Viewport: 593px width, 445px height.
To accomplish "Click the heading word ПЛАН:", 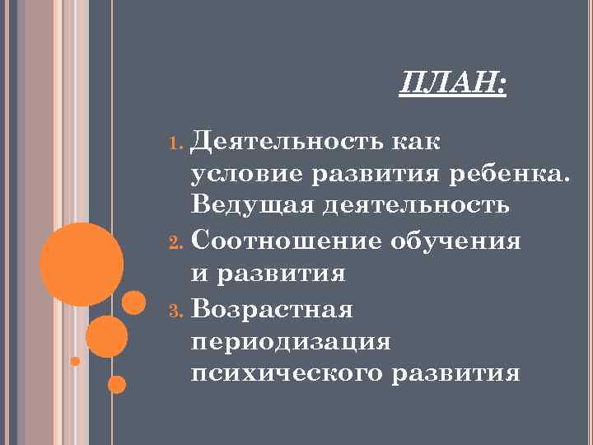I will [x=453, y=83].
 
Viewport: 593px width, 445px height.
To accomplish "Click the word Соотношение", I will [x=284, y=241].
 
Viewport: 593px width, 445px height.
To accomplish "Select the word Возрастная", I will [x=273, y=309].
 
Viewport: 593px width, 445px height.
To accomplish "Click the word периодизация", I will [x=290, y=342].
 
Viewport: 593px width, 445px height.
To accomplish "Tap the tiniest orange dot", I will [x=75, y=361].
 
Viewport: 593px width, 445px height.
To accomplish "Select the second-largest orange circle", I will [x=106, y=336].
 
